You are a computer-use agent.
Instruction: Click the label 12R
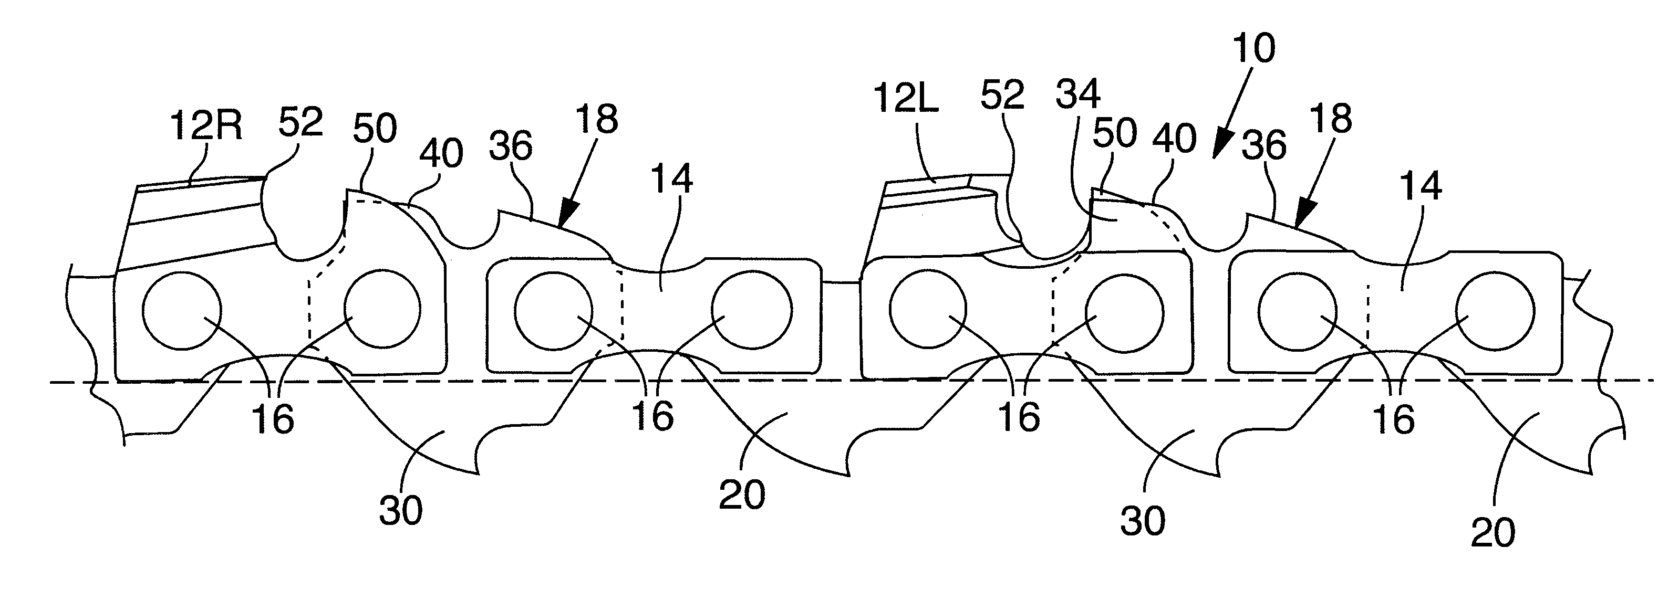tap(206, 126)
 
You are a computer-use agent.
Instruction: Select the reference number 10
tap(1254, 49)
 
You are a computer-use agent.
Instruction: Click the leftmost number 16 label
tap(273, 419)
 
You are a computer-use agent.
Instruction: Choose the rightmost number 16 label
tap(1394, 419)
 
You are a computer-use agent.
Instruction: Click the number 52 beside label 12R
tap(300, 121)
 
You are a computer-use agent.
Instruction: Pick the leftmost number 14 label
tap(672, 178)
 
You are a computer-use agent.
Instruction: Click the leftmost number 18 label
tap(597, 120)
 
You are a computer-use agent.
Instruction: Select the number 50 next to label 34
tap(1115, 133)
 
